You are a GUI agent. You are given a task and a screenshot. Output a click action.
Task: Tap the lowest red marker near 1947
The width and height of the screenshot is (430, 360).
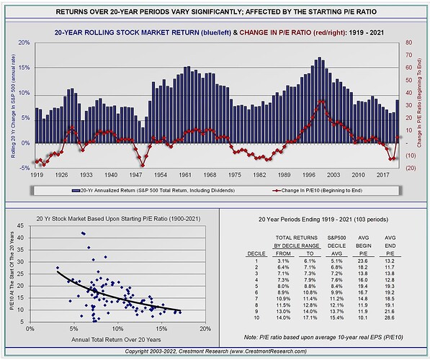pos(143,165)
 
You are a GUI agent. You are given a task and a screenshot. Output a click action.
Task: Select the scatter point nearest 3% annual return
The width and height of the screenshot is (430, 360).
pos(57,269)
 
